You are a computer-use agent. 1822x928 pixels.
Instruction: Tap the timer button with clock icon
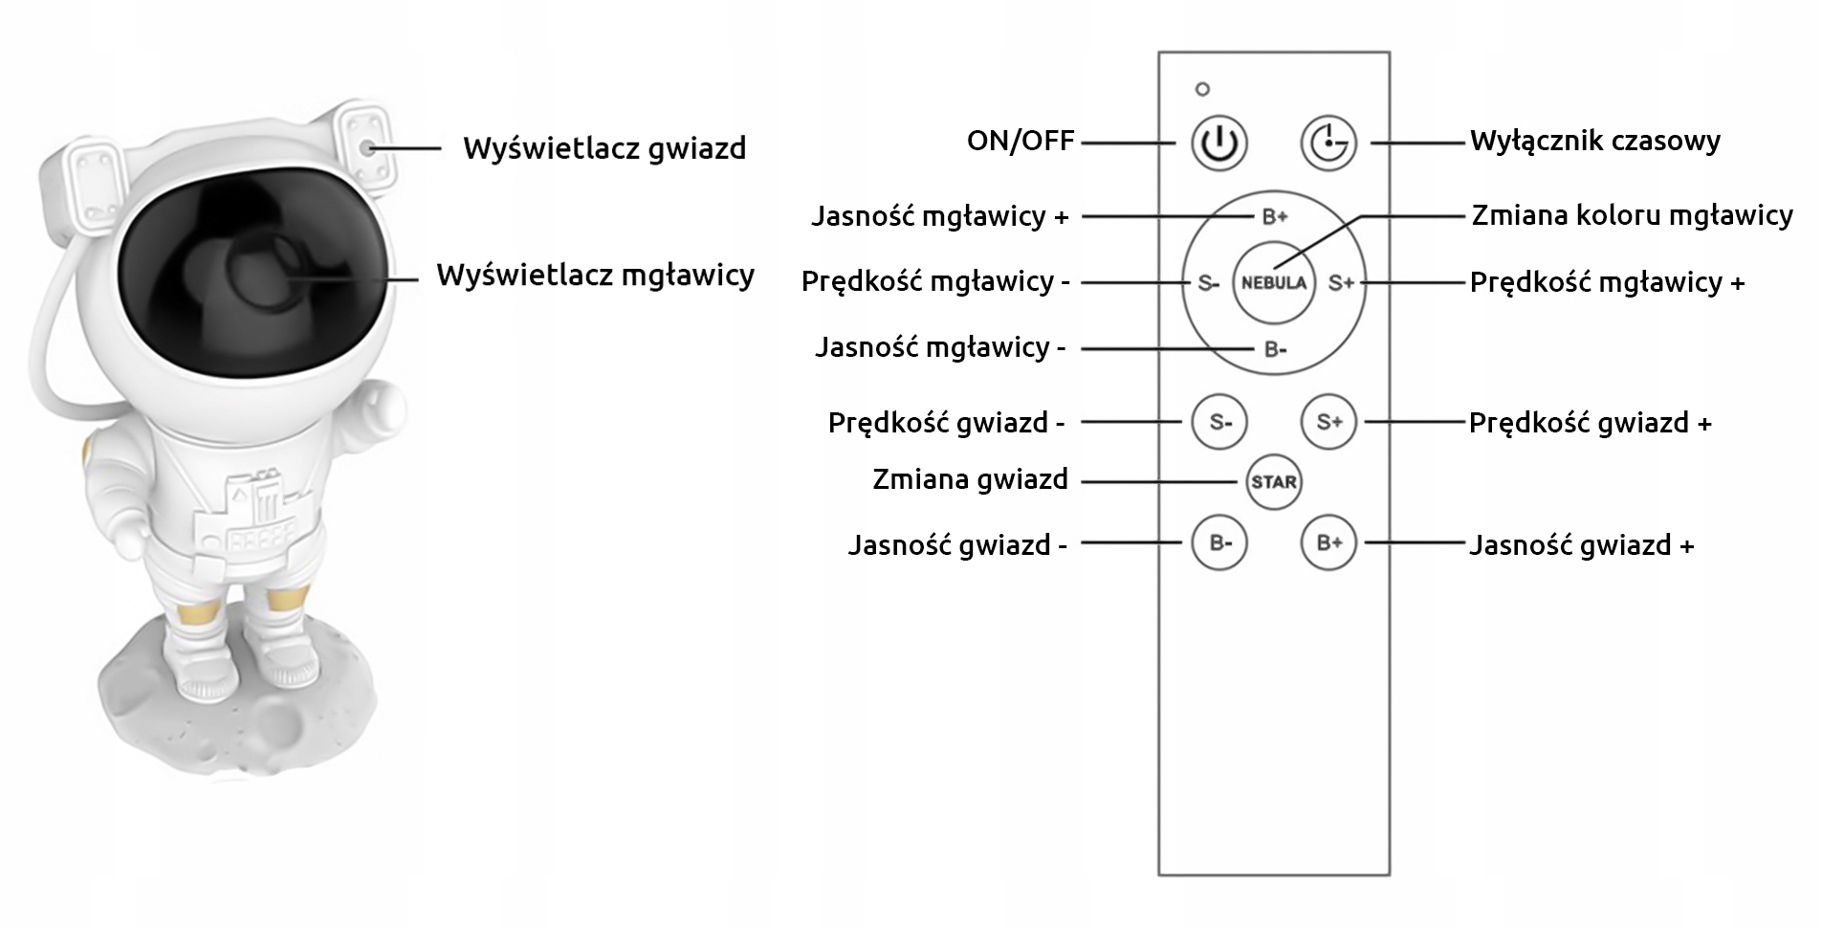tap(1328, 144)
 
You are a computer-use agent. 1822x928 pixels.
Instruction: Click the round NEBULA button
tap(1273, 282)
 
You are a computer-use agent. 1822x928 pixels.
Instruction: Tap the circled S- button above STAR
tap(1219, 421)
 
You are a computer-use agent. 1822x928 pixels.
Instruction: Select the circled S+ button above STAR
tap(1328, 421)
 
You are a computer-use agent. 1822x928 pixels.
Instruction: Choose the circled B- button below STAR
tap(1219, 542)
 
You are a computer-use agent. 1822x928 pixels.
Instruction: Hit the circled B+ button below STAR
tap(1328, 542)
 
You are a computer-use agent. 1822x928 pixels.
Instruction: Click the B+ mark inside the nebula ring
tap(1275, 216)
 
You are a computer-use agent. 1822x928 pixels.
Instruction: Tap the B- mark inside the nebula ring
tap(1275, 349)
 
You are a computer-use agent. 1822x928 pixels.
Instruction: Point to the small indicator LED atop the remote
tap(1202, 89)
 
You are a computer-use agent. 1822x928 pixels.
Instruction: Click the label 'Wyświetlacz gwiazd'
tap(604, 149)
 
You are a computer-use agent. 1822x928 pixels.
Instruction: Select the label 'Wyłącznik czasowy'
tap(1594, 142)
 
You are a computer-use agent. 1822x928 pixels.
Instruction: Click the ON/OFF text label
tap(1021, 141)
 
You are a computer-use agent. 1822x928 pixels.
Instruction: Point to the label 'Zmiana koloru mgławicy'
tap(1632, 215)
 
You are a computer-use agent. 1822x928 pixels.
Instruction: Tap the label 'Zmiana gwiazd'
tap(970, 479)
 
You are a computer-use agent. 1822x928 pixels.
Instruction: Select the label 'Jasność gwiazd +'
tap(1581, 545)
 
